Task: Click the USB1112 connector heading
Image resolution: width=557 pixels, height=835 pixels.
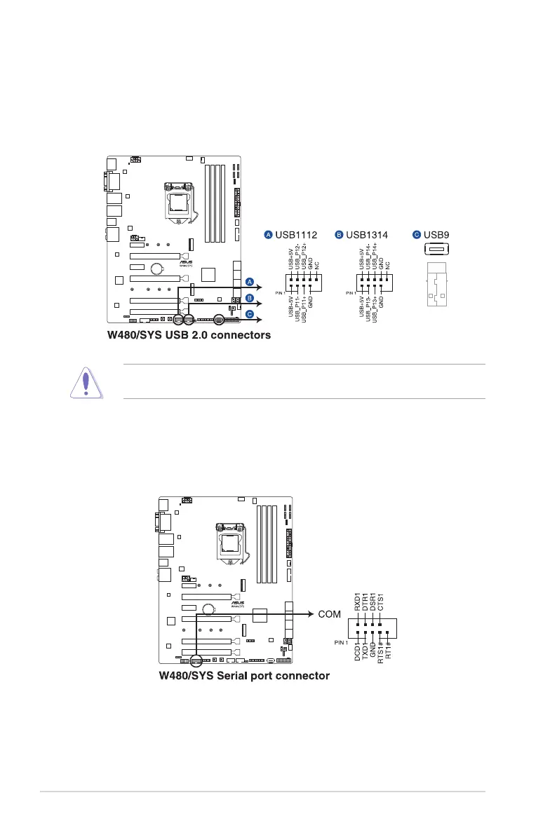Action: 295,235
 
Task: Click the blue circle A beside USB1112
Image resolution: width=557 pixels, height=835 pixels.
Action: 268,235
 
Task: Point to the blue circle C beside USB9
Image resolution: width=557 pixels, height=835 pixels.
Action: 417,235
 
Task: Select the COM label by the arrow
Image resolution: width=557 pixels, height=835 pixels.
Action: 329,615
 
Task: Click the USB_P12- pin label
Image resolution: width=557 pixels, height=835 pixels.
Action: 297,256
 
